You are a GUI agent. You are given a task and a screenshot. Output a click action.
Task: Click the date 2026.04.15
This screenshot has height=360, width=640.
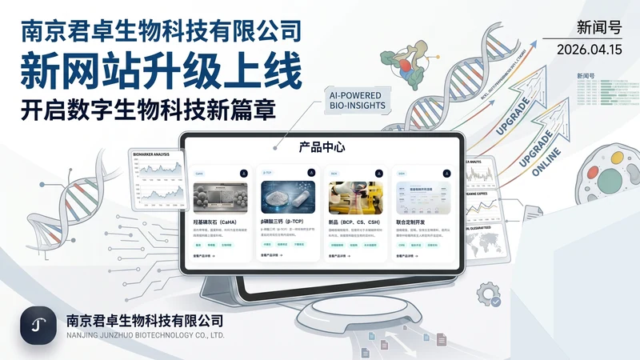tap(593, 50)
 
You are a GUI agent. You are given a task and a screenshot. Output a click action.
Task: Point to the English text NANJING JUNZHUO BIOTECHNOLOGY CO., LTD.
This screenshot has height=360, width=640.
tap(145, 335)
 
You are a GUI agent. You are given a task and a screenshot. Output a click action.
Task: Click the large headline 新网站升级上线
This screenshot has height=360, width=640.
tap(162, 70)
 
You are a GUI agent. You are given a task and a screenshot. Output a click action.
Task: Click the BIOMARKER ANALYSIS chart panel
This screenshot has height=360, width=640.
tap(155, 180)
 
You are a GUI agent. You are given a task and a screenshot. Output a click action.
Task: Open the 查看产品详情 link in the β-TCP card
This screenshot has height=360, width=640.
tap(272, 256)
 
